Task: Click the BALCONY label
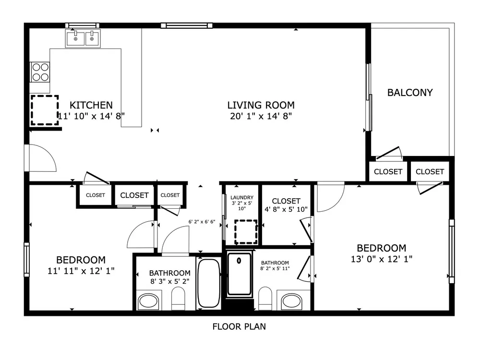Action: pyautogui.click(x=410, y=93)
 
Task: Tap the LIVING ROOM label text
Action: pyautogui.click(x=261, y=105)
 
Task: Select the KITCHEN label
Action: pyautogui.click(x=91, y=105)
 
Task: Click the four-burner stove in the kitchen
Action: pyautogui.click(x=40, y=72)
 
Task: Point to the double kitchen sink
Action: pyautogui.click(x=83, y=38)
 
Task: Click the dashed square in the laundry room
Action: pyautogui.click(x=246, y=232)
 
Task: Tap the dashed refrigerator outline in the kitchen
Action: pyautogui.click(x=45, y=110)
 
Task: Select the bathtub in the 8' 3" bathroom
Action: pyautogui.click(x=209, y=283)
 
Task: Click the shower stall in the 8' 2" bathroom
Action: pyautogui.click(x=239, y=274)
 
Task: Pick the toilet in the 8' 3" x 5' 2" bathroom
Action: pyautogui.click(x=178, y=298)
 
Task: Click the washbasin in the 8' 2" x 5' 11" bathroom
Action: pyautogui.click(x=292, y=301)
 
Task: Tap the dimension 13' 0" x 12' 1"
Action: pyautogui.click(x=382, y=259)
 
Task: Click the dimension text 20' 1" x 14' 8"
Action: pyautogui.click(x=261, y=116)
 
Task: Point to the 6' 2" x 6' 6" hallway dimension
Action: pyautogui.click(x=202, y=222)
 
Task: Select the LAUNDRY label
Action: pyautogui.click(x=242, y=197)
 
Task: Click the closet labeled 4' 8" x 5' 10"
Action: pyautogui.click(x=286, y=205)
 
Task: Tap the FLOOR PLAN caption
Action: pyautogui.click(x=239, y=326)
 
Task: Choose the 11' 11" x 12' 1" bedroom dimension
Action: pyautogui.click(x=81, y=271)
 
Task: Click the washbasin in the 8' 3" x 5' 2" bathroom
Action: pyautogui.click(x=148, y=301)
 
